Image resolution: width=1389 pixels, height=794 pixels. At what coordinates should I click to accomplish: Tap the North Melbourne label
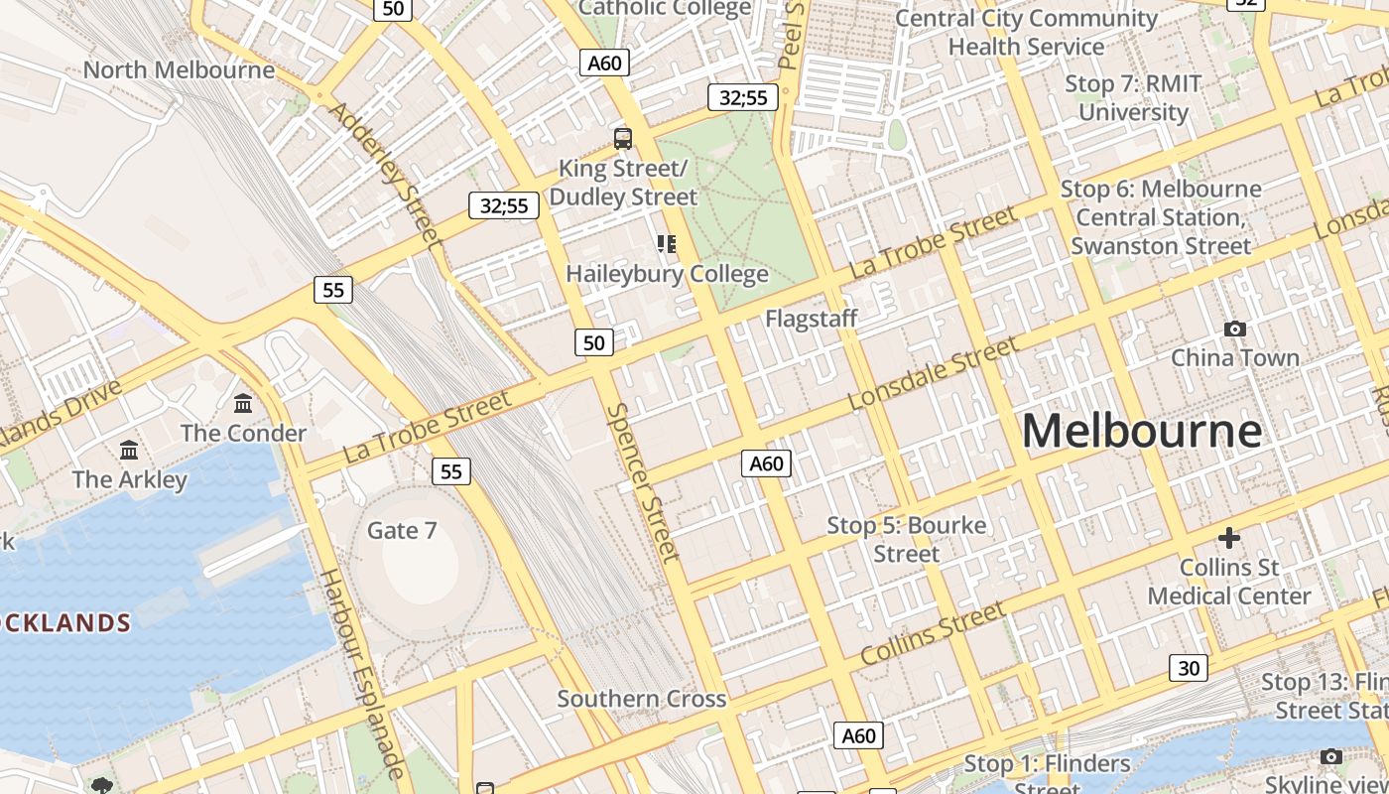(x=179, y=70)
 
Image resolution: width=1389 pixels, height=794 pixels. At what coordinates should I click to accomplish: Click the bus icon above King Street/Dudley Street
(x=623, y=139)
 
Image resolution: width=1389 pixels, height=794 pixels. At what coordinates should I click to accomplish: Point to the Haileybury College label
(x=667, y=274)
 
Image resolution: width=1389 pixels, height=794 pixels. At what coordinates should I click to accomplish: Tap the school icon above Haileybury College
(x=667, y=243)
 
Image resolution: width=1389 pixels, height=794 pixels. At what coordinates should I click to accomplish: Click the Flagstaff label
(x=811, y=319)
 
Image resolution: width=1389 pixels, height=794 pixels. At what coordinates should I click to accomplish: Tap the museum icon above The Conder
(x=243, y=403)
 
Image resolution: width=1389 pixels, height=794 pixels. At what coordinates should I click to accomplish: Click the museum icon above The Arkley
(x=129, y=450)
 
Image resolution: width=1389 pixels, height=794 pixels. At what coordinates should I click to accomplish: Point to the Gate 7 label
(x=402, y=531)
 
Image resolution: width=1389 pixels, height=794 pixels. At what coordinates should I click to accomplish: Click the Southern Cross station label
(x=642, y=699)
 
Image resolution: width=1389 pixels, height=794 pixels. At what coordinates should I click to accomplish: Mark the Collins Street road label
(x=933, y=635)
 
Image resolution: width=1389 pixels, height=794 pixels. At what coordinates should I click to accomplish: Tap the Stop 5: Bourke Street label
(x=907, y=539)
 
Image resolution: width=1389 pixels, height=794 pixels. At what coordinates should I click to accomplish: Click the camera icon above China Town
(x=1235, y=329)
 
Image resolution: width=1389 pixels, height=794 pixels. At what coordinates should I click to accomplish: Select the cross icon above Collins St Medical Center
(x=1229, y=538)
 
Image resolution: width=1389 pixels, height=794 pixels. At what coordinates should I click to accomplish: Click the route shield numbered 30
(x=1189, y=668)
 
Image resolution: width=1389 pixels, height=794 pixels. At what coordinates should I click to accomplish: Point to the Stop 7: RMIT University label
(x=1133, y=97)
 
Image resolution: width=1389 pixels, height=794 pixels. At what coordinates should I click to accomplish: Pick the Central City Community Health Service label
(x=1026, y=32)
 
